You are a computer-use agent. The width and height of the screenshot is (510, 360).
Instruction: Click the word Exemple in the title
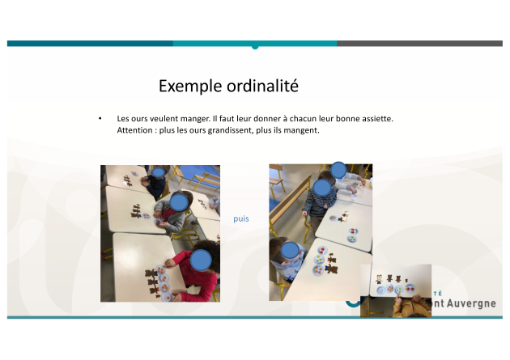pos(190,87)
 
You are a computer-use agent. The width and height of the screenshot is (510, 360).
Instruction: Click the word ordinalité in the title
pos(262,86)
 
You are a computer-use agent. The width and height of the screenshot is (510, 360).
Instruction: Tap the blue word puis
pos(241,218)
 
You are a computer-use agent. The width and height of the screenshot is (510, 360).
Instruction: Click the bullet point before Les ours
pos(100,119)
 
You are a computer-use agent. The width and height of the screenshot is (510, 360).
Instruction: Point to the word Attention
pos(134,130)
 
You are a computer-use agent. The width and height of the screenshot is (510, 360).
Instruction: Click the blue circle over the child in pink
pos(201,260)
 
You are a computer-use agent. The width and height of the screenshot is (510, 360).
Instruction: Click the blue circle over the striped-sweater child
pos(322,188)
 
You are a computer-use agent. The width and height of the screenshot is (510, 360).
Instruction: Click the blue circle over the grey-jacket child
pos(179,202)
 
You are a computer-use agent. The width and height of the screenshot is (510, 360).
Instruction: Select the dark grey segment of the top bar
pos(419,43)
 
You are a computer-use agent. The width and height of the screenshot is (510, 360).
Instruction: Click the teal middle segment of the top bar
pos(255,44)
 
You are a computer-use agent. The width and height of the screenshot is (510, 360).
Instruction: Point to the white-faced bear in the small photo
pos(379,279)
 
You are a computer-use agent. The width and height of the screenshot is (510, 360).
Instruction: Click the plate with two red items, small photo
pos(410,288)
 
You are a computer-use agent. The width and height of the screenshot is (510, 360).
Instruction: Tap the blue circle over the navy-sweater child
pos(159,172)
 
